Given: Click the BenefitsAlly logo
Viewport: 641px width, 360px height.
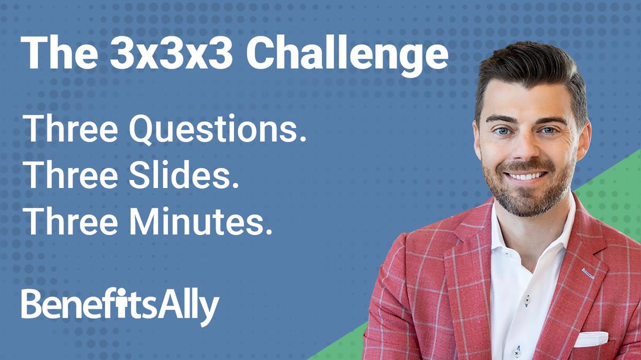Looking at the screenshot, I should [x=120, y=306].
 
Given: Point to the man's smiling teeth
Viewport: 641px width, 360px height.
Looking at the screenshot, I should [x=526, y=176].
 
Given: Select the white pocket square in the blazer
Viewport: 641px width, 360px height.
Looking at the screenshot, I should [x=591, y=339].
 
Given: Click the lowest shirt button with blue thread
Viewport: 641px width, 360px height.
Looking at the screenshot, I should [x=517, y=351].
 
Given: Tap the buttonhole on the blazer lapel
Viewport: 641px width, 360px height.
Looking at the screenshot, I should [x=589, y=273].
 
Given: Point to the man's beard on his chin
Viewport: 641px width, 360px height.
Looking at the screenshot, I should [x=526, y=200].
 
